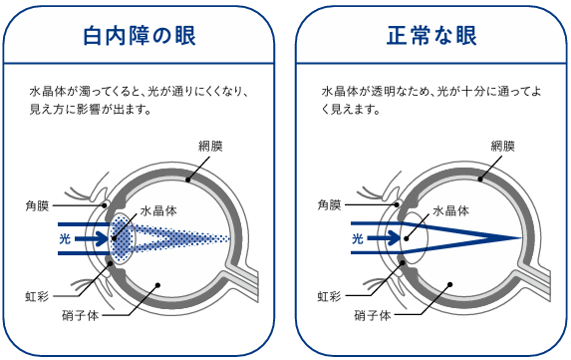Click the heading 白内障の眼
tap(140, 35)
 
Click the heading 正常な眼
tap(431, 35)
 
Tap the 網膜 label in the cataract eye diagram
tap(210, 147)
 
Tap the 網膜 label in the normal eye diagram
tap(503, 147)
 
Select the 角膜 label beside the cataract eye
tap(37, 205)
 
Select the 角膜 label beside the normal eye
tap(330, 205)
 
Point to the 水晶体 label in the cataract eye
tap(158, 211)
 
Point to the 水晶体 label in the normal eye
tap(451, 211)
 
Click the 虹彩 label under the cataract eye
tap(37, 296)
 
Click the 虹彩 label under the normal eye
tap(329, 296)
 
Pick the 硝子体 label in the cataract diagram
tap(81, 315)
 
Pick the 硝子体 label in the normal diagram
tap(373, 315)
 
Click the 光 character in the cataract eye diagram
tap(65, 239)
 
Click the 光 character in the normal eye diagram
tap(358, 239)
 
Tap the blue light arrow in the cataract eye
tap(92, 239)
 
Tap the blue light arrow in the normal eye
tap(385, 239)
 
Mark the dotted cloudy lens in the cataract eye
tap(123, 239)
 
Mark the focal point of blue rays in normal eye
tap(521, 238)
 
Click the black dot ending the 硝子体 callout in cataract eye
tap(157, 285)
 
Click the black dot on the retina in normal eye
tap(480, 180)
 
